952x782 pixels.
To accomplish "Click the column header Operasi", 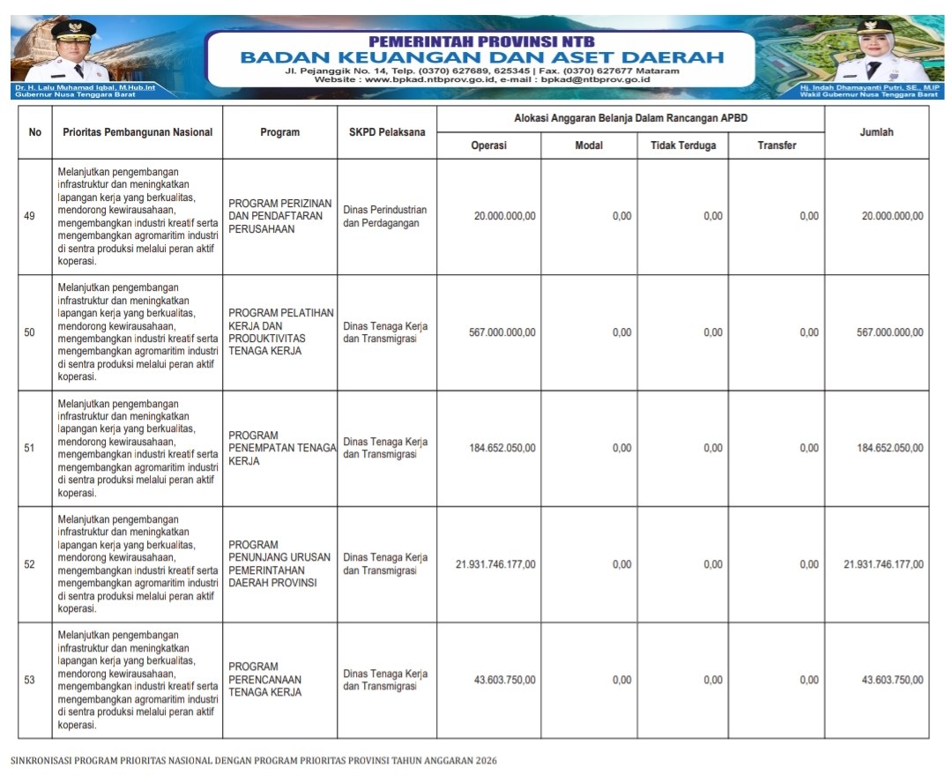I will tap(488, 145).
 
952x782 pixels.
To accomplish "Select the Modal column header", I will tap(589, 145).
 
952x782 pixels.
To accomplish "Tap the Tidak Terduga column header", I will tap(683, 145).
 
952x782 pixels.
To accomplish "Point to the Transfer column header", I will tap(777, 145).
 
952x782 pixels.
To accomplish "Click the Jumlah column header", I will tap(876, 132).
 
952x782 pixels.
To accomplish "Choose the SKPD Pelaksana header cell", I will tap(386, 132).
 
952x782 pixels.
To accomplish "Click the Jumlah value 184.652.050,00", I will tap(890, 448).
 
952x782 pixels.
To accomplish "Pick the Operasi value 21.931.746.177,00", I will tap(495, 564).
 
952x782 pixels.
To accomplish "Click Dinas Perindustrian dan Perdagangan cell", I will tap(385, 217).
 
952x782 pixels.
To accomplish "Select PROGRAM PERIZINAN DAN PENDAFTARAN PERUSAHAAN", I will tap(279, 216).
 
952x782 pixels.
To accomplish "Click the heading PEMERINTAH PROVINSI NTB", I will tap(481, 41).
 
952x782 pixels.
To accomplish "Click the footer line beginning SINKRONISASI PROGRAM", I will tap(253, 760).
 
